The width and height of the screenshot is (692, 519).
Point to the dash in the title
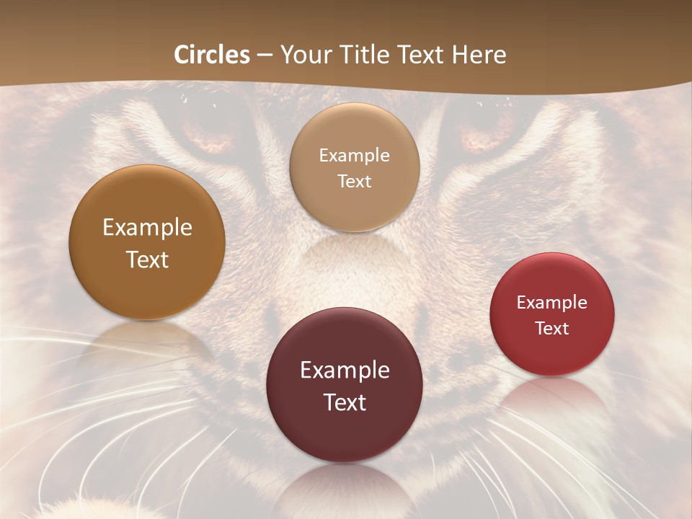(265, 56)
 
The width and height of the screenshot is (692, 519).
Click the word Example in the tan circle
(354, 155)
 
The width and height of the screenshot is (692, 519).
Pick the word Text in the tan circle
(354, 181)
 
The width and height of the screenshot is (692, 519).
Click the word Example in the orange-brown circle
(147, 228)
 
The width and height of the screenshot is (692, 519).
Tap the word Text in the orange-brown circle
(147, 259)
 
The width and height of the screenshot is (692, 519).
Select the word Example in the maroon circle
(345, 370)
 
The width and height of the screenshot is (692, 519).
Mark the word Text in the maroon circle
(345, 402)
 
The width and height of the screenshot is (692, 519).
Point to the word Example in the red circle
(552, 302)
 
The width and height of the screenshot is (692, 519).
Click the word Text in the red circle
(552, 328)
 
